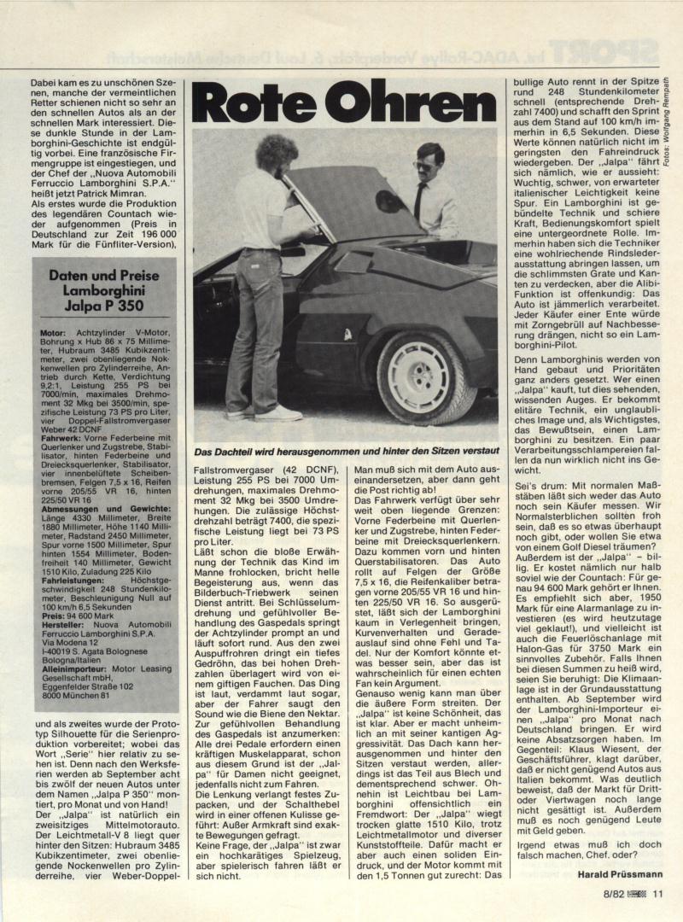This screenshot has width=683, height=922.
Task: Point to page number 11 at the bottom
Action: click(x=657, y=895)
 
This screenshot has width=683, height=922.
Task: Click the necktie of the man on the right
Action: click(x=420, y=201)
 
